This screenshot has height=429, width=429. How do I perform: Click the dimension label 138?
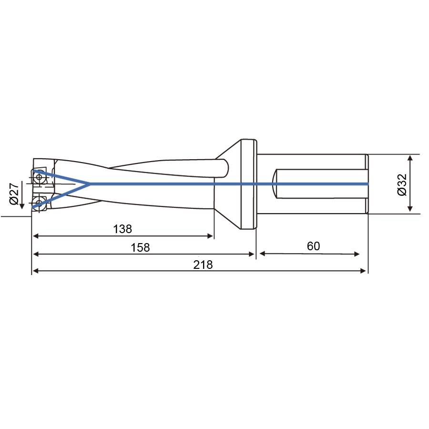pyautogui.click(x=123, y=229)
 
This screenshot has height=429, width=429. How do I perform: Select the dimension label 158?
pyautogui.click(x=140, y=247)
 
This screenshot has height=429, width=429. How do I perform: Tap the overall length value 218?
pyautogui.click(x=203, y=265)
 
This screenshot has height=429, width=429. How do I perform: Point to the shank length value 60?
pyautogui.click(x=313, y=246)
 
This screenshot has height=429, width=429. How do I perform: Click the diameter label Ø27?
pyautogui.click(x=14, y=193)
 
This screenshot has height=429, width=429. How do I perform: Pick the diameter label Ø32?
pyautogui.click(x=402, y=184)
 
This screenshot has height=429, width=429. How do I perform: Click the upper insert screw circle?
pyautogui.click(x=39, y=177)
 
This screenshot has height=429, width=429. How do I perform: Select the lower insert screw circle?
pyautogui.click(x=39, y=203)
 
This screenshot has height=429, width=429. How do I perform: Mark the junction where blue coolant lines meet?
pyautogui.click(x=90, y=184)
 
